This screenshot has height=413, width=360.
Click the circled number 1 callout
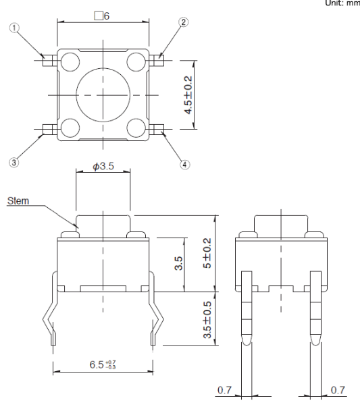tap(14, 28)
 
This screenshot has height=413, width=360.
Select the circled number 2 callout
tap(184, 22)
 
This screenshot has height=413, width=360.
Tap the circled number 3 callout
tap(14, 162)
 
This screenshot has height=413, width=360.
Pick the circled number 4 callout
tap(185, 165)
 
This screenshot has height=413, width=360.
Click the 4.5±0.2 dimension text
tap(188, 95)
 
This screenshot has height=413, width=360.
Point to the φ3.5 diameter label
tap(103, 166)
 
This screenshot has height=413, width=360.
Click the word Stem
tap(18, 200)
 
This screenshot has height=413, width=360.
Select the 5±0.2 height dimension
tap(207, 253)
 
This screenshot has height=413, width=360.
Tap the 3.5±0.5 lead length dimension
tap(207, 320)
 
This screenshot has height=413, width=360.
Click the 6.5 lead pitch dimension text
tap(103, 364)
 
